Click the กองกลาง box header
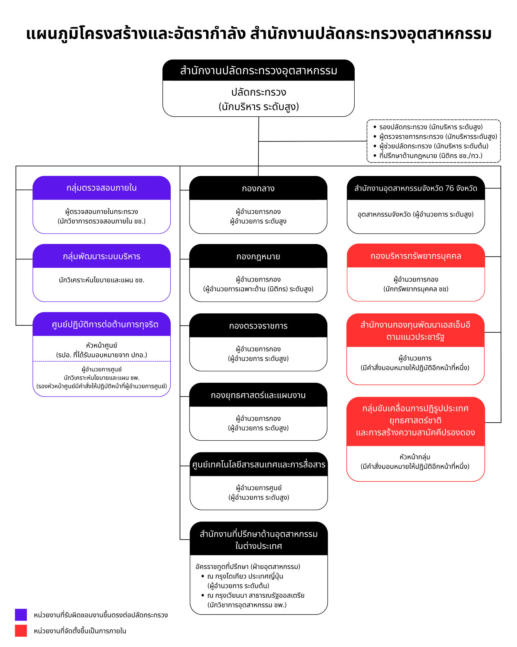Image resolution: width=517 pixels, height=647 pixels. coord(258,188)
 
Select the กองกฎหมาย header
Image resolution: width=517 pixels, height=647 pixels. coord(258,256)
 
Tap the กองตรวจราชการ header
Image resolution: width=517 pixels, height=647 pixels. coord(258,325)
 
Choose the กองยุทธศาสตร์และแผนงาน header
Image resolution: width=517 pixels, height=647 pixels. coord(258,395)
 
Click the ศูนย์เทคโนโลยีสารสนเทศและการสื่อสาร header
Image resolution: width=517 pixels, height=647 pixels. coord(258,464)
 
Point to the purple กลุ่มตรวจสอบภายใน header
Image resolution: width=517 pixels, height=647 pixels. coord(102,188)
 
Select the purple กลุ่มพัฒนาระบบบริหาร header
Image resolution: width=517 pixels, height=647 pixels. coord(102,256)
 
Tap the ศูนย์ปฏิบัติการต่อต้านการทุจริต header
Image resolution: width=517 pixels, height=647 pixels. coord(102,324)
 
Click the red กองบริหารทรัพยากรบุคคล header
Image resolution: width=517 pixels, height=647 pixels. coord(416,256)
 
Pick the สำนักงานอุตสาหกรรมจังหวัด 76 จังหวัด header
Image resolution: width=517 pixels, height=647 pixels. coord(416,188)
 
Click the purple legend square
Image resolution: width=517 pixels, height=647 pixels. coord(21,615)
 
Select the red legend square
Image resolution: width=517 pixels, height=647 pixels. coord(21,630)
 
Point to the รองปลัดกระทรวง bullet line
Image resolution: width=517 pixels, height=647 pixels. coord(428,127)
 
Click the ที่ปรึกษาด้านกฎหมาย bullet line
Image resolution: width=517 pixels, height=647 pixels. coord(428,156)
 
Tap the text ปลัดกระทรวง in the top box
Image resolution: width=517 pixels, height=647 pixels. coord(258,92)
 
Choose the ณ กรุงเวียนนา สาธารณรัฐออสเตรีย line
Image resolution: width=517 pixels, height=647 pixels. coord(253,595)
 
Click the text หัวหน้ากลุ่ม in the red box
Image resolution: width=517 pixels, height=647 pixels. coord(415,457)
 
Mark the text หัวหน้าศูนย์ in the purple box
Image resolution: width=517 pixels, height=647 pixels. coord(102,345)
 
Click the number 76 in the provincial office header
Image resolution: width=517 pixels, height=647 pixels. coord(449,188)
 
